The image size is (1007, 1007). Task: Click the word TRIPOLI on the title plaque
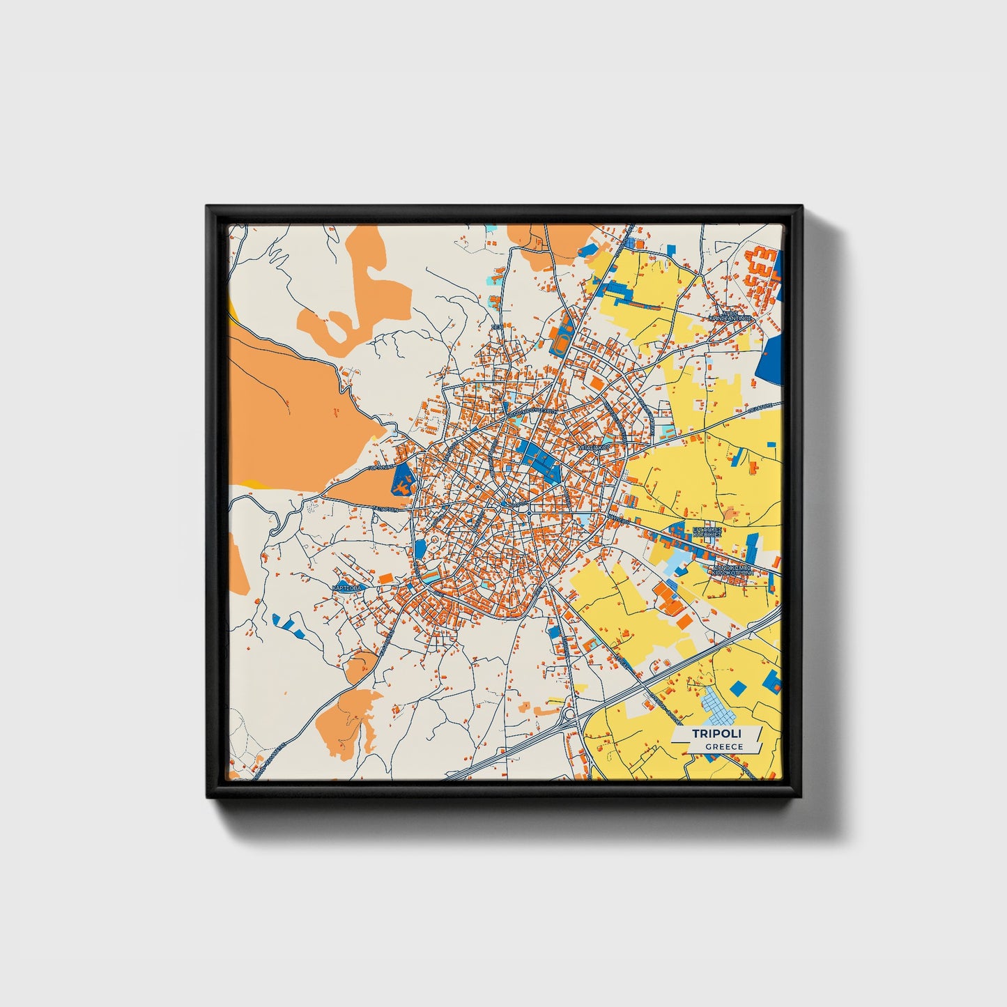click(716, 733)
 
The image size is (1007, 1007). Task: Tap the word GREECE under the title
click(723, 747)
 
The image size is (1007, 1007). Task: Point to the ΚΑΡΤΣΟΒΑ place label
click(348, 588)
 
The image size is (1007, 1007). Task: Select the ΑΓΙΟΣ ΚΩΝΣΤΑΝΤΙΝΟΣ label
click(730, 315)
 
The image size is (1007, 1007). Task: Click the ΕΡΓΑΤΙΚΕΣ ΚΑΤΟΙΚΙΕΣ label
click(708, 534)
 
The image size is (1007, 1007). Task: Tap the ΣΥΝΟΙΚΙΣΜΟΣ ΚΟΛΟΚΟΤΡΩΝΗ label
click(728, 571)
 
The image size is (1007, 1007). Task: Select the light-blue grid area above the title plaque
click(718, 707)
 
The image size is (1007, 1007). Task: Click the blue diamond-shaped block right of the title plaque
click(737, 689)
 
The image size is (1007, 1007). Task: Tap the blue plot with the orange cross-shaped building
click(403, 479)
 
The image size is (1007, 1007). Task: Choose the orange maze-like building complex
click(761, 274)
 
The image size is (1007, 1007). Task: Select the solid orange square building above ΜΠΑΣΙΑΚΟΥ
click(597, 383)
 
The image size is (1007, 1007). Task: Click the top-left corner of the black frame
click(208, 207)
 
